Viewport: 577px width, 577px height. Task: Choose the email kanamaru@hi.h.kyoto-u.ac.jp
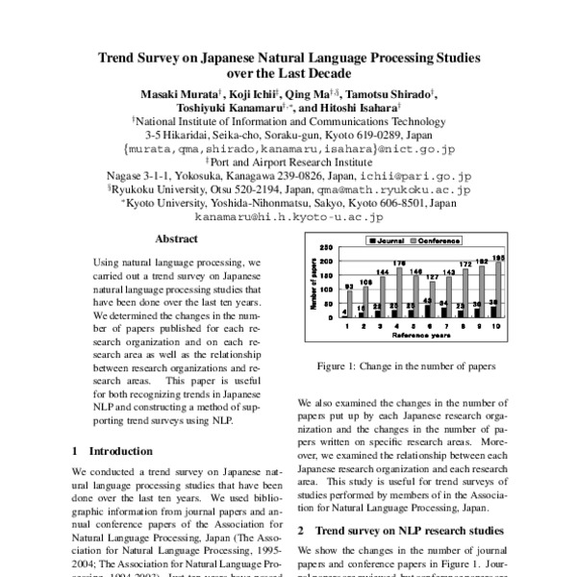pyautogui.click(x=289, y=218)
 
